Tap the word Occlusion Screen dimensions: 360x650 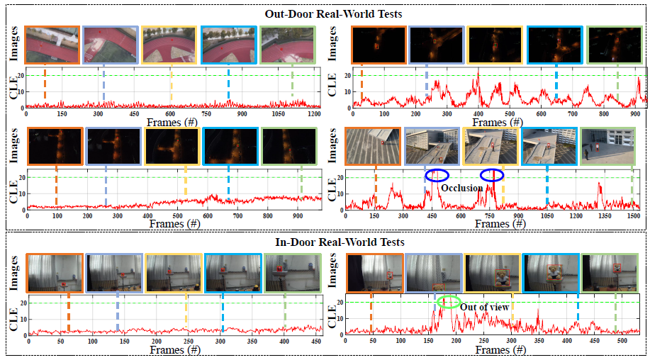(461, 188)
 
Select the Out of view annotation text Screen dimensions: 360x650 (482, 306)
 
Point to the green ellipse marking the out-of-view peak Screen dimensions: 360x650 (447, 302)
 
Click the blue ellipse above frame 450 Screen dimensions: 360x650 (437, 175)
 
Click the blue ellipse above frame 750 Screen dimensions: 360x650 (492, 175)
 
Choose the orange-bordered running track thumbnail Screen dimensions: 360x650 (52, 45)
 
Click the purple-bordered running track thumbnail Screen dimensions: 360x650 (111, 45)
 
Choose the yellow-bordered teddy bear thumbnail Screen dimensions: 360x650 (493, 273)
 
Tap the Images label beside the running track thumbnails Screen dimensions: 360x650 (12, 44)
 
